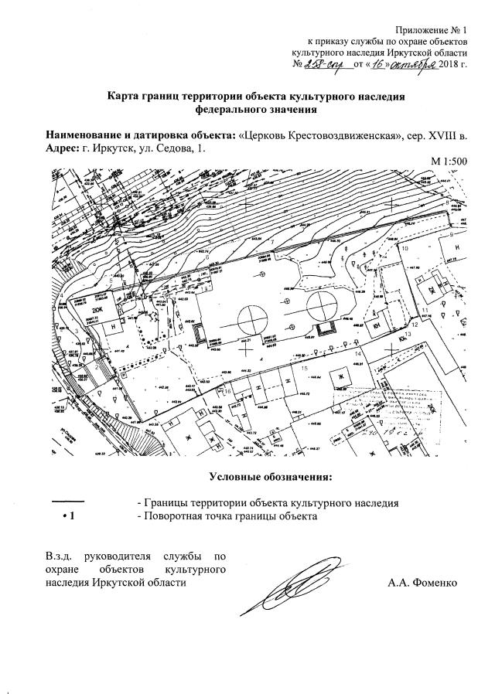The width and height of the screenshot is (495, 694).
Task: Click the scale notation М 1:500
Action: coord(450,161)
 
